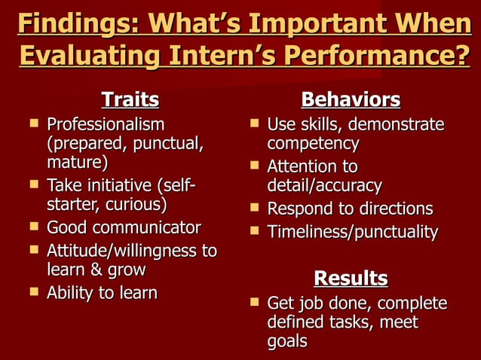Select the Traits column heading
(x=130, y=99)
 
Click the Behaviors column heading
(x=351, y=99)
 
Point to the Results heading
(x=351, y=278)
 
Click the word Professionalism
(x=105, y=124)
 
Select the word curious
(x=135, y=205)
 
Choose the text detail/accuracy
(x=324, y=185)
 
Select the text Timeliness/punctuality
(x=352, y=232)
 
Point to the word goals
(x=287, y=341)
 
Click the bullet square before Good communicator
(x=34, y=227)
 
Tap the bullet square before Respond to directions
(x=254, y=208)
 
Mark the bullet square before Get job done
(x=254, y=303)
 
